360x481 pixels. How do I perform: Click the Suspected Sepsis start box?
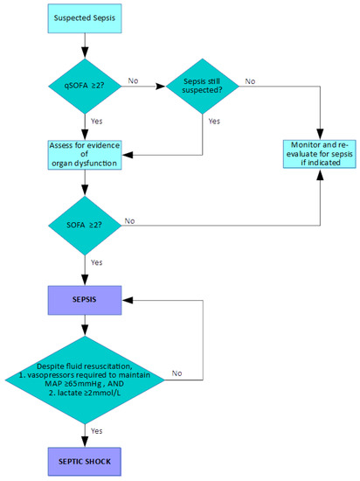coord(83,17)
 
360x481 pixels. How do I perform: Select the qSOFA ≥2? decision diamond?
coord(83,87)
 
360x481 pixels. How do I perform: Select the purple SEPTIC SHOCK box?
coord(83,461)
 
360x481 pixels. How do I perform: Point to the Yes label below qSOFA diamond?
coord(97,122)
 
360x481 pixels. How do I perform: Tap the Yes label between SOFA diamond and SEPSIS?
coord(97,261)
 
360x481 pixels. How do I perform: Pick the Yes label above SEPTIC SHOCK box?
coord(97,430)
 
